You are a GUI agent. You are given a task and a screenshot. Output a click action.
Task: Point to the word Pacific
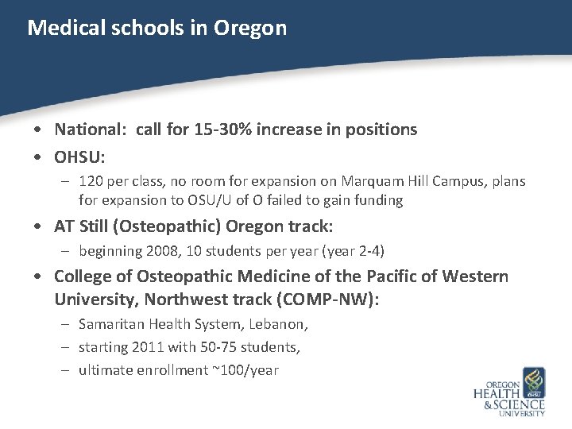pos(393,276)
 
